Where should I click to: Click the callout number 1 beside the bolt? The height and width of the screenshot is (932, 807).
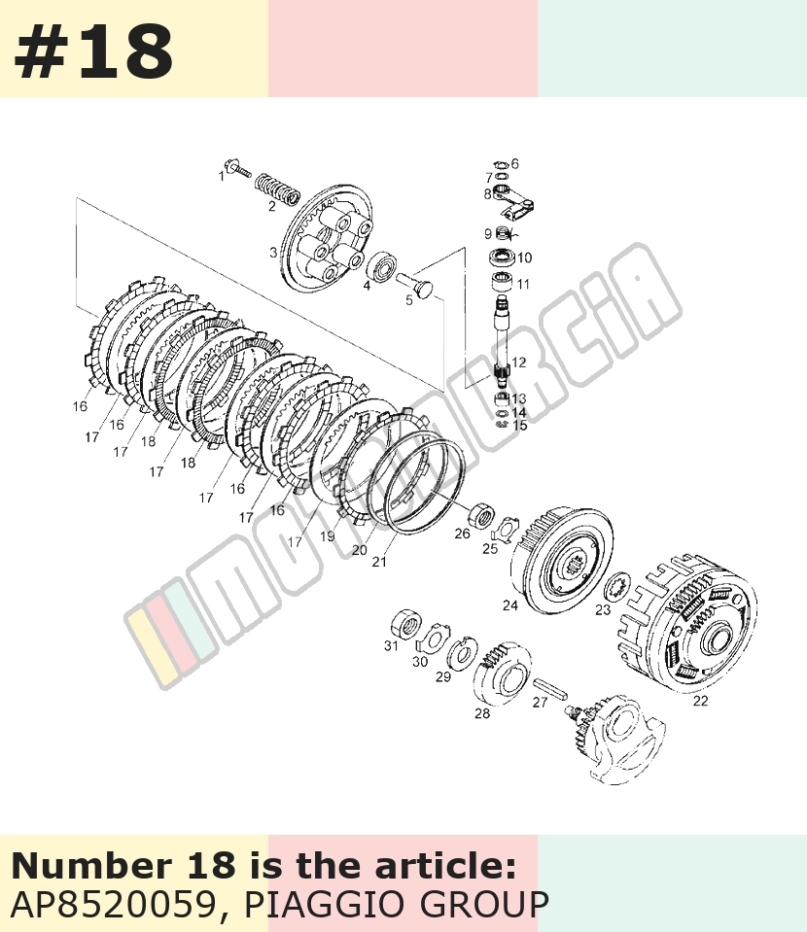(222, 176)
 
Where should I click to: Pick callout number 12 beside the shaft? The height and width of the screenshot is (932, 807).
(518, 362)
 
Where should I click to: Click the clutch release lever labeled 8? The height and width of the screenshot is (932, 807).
(512, 203)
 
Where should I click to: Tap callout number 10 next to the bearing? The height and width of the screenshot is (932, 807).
(524, 258)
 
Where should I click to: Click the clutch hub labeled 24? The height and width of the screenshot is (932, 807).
(561, 560)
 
